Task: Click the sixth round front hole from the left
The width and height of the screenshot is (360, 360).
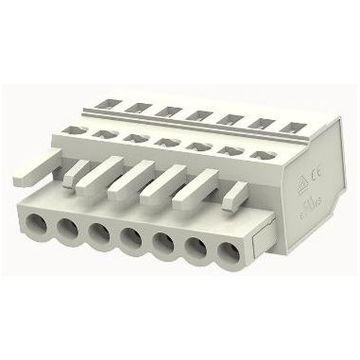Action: tap(194, 248)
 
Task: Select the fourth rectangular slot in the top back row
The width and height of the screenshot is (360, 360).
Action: tap(197, 114)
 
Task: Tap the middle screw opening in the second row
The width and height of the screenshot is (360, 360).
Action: tap(163, 143)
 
